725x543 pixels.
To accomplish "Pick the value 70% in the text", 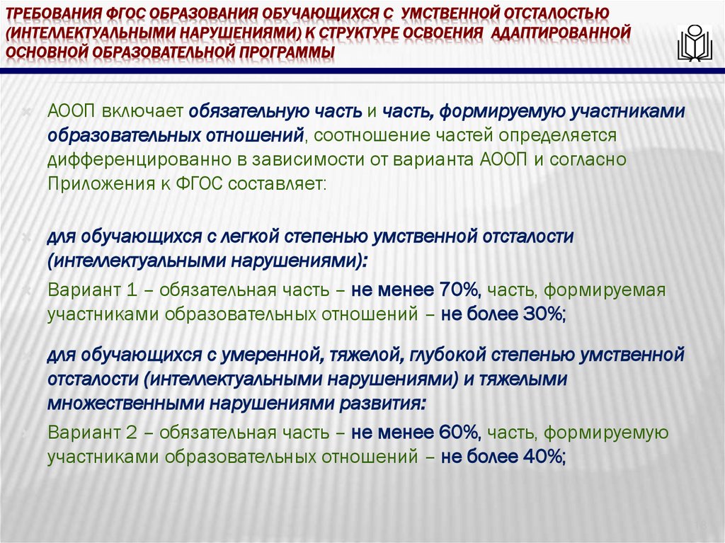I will point(460,290).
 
